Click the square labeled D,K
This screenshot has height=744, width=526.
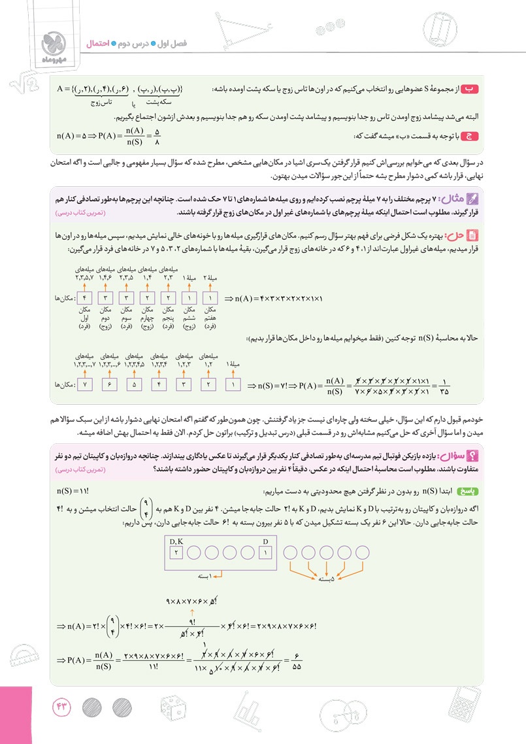[x=176, y=552]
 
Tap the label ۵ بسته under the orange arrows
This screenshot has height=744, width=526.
[x=322, y=578]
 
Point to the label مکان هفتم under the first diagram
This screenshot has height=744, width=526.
[x=210, y=316]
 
